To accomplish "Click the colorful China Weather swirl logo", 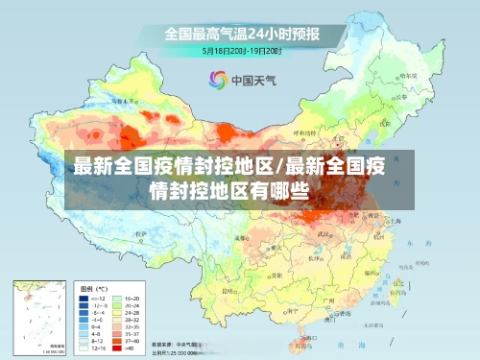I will (x=217, y=79).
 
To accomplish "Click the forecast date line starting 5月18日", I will (x=241, y=49).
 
